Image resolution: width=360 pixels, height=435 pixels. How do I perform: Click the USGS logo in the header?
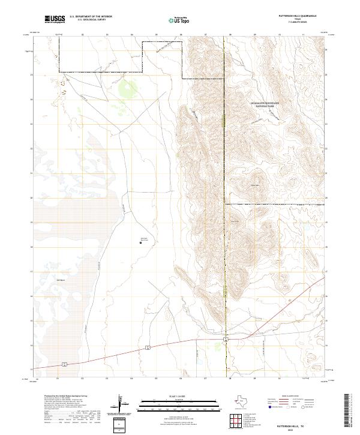[55, 19]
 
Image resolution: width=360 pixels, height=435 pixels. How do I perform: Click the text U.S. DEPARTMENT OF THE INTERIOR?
[91, 17]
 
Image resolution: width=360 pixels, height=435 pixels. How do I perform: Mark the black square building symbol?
[140, 242]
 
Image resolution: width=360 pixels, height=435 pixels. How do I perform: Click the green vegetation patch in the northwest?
[126, 91]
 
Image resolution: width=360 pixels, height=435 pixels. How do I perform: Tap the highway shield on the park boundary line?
[225, 340]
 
